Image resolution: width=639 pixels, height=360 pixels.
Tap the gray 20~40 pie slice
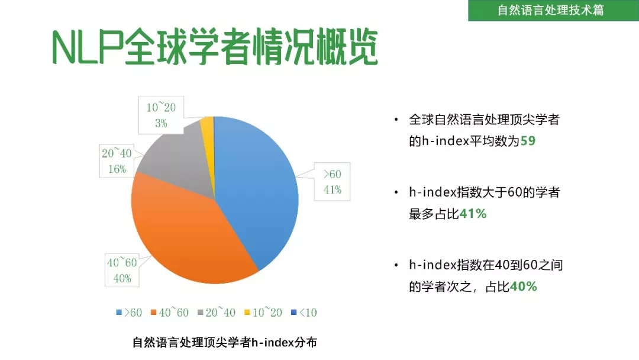179,159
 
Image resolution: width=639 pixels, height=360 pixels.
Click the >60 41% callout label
332,182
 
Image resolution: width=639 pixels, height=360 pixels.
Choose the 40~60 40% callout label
122,271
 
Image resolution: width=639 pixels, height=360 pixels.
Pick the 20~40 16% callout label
117,160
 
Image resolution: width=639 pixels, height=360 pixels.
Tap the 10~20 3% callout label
161,115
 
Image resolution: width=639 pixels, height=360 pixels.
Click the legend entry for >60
129,313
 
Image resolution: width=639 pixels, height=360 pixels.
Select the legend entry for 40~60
170,313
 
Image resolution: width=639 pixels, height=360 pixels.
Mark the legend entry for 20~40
217,313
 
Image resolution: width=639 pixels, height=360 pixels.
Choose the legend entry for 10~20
263,313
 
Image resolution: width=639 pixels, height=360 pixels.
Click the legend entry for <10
304,313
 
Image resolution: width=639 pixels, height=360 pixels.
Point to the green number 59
528,141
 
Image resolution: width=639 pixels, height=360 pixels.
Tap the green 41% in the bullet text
473,214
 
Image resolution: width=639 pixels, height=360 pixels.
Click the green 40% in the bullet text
523,287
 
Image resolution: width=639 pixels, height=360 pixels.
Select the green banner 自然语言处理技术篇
553,10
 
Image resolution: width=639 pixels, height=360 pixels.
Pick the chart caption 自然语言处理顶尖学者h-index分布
225,342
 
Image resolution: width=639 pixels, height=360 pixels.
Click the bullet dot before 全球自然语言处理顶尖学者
396,120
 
